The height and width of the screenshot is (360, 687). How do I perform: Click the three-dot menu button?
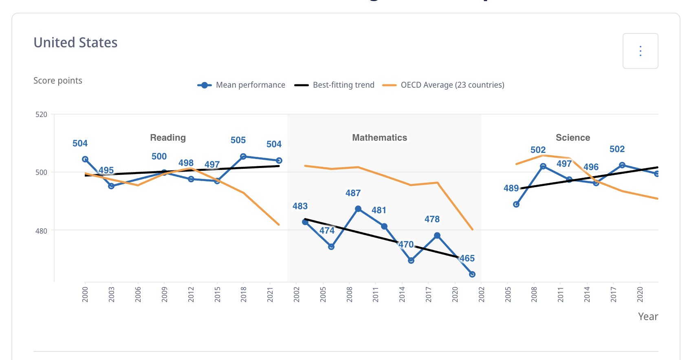640,51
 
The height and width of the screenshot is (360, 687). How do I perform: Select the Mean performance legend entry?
242,85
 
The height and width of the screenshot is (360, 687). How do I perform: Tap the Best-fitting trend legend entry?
335,85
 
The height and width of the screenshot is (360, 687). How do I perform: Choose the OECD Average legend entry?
444,85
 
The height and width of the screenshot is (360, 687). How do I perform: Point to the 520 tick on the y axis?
41,115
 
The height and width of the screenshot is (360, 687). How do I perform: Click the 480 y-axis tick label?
41,231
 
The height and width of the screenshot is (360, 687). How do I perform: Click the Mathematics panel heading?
379,138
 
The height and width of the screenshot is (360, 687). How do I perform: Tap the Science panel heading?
572,138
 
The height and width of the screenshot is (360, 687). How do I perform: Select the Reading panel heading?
168,138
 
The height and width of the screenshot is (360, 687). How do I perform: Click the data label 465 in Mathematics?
467,258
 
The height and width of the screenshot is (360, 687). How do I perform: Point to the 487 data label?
353,193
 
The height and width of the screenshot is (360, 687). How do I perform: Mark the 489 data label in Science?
511,188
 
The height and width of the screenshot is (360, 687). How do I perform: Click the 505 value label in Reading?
238,140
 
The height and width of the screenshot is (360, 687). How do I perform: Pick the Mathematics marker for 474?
331,247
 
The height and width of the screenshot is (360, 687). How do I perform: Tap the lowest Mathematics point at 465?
472,274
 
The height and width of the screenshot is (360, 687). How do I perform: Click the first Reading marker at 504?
85,159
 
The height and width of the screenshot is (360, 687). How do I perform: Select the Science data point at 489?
516,204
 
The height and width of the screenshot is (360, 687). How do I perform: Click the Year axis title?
648,317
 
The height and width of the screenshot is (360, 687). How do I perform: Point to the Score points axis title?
58,81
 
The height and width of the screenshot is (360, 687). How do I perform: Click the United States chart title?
75,43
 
